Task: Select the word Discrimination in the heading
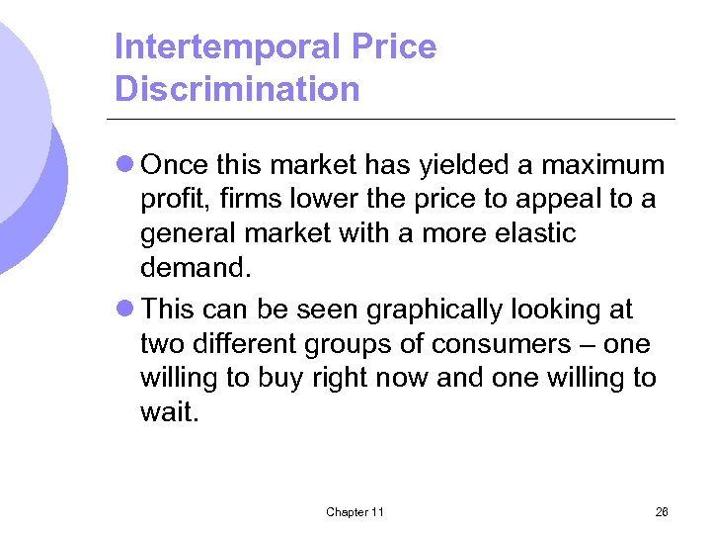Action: tap(237, 89)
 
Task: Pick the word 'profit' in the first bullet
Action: tap(172, 200)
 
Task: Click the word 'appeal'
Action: tap(556, 200)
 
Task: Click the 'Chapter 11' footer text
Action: tap(355, 511)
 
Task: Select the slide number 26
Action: tap(661, 511)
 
